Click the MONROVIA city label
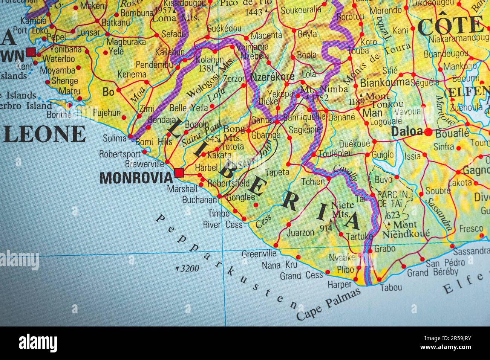click(x=136, y=178)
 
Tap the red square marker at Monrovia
click(x=179, y=173)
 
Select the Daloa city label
click(x=407, y=131)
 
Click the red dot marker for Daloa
click(x=428, y=132)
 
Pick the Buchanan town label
click(x=199, y=200)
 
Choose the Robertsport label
click(x=119, y=154)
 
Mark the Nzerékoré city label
click(x=272, y=77)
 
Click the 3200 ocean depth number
click(x=189, y=268)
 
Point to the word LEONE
click(x=44, y=134)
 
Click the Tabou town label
click(x=390, y=287)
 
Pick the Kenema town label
click(x=132, y=75)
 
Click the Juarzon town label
click(x=300, y=233)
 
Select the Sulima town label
click(x=115, y=138)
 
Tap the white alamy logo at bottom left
click(x=38, y=343)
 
